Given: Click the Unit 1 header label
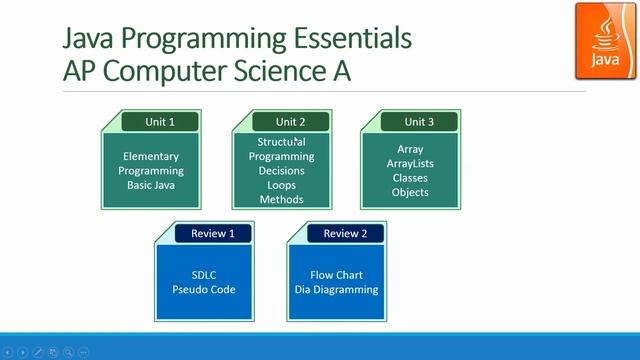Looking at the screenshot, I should (159, 122).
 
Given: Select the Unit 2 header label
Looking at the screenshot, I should (290, 122).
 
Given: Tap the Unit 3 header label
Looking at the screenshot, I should (419, 122).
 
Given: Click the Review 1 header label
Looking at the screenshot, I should (212, 234).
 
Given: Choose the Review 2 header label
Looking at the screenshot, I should (344, 234).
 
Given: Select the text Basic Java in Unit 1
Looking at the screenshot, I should (150, 185).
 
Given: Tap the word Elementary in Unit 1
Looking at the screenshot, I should (150, 157).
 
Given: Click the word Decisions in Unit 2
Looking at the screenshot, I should (281, 171).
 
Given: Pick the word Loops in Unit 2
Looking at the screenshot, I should (281, 185).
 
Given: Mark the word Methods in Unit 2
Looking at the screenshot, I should (281, 199).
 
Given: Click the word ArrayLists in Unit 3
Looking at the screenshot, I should (410, 164).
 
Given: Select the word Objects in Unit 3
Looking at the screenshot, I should (410, 192).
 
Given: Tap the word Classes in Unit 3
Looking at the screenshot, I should (410, 178).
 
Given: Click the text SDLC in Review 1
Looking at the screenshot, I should (204, 275).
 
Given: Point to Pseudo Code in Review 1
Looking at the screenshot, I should (204, 290).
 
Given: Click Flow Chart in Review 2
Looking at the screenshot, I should (336, 275).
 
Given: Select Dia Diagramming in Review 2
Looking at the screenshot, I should (336, 290).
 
